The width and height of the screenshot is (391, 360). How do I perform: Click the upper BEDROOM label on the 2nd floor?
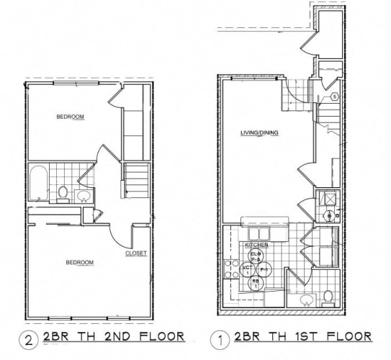pyautogui.click(x=71, y=117)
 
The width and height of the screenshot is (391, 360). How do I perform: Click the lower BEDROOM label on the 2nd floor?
pyautogui.click(x=79, y=262)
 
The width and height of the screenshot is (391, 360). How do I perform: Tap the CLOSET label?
pyautogui.click(x=136, y=253)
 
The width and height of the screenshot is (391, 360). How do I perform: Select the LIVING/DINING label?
pyautogui.click(x=259, y=133)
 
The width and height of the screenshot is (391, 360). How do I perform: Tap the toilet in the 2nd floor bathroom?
pyautogui.click(x=63, y=193)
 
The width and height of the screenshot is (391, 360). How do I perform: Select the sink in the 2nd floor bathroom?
pyautogui.click(x=84, y=195)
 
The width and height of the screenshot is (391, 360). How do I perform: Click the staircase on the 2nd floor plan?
pyautogui.click(x=135, y=181)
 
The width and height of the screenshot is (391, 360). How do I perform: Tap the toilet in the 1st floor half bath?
pyautogui.click(x=328, y=295)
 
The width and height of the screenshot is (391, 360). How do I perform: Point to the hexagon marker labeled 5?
pyautogui.click(x=336, y=96)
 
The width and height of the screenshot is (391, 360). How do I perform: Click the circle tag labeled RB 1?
pyautogui.click(x=253, y=284)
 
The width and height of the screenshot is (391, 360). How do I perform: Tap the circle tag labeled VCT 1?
pyautogui.click(x=247, y=269)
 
